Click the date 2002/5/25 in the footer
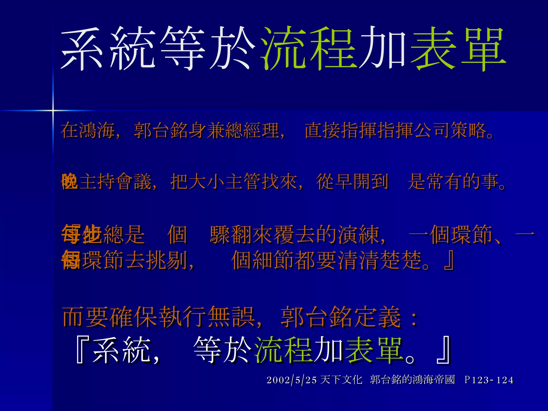(x=292, y=380)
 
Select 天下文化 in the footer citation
(x=341, y=380)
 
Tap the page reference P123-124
(x=489, y=380)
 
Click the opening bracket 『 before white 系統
(x=81, y=351)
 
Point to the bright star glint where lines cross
(x=53, y=110)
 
